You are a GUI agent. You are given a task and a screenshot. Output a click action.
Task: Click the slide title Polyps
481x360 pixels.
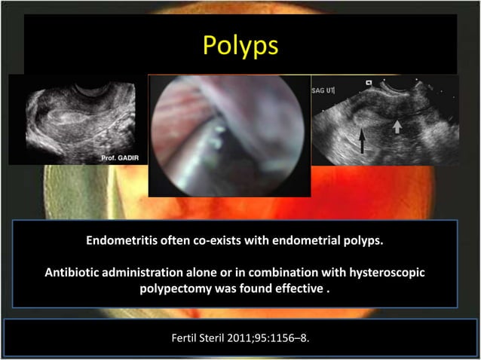click(240, 45)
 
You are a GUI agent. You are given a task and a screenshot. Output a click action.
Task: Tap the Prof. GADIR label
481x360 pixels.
click(118, 157)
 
